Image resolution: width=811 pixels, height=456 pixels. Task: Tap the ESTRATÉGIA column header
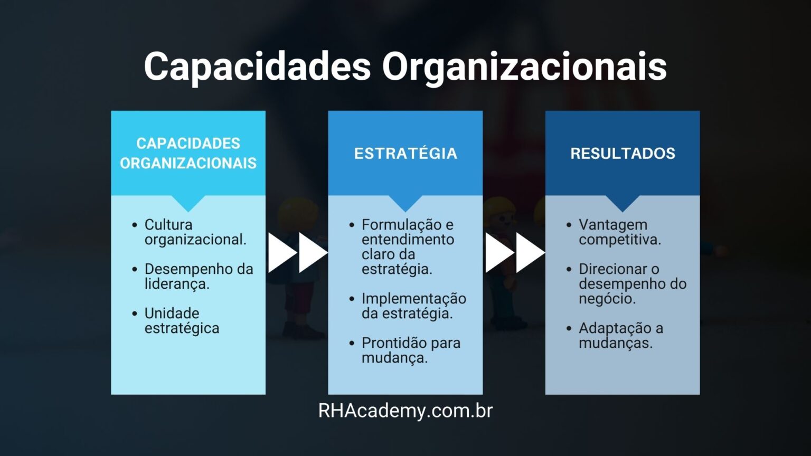click(405, 154)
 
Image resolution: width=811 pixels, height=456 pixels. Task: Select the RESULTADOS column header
click(623, 154)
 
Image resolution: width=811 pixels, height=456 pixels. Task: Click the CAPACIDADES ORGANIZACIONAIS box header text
click(188, 154)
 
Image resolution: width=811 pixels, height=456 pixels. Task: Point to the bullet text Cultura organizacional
click(195, 232)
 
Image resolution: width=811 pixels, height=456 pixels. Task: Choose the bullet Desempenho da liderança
click(199, 277)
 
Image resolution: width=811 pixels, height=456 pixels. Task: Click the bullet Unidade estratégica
click(182, 321)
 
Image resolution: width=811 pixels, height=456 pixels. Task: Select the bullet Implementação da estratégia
click(414, 306)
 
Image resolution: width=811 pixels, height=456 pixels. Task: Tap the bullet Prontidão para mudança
click(411, 350)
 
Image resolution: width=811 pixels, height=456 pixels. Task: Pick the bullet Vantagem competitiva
click(620, 232)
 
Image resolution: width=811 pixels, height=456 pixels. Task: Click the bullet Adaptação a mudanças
click(621, 336)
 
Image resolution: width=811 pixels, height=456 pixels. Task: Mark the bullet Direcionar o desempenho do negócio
click(633, 284)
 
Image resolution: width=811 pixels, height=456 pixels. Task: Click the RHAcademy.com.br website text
click(405, 411)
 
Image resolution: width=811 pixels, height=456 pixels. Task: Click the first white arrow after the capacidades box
click(282, 253)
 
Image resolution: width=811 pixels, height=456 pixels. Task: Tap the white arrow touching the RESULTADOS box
click(531, 253)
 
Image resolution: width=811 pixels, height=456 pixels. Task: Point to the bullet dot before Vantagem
click(569, 225)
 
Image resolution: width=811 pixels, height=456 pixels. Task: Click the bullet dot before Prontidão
click(352, 343)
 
